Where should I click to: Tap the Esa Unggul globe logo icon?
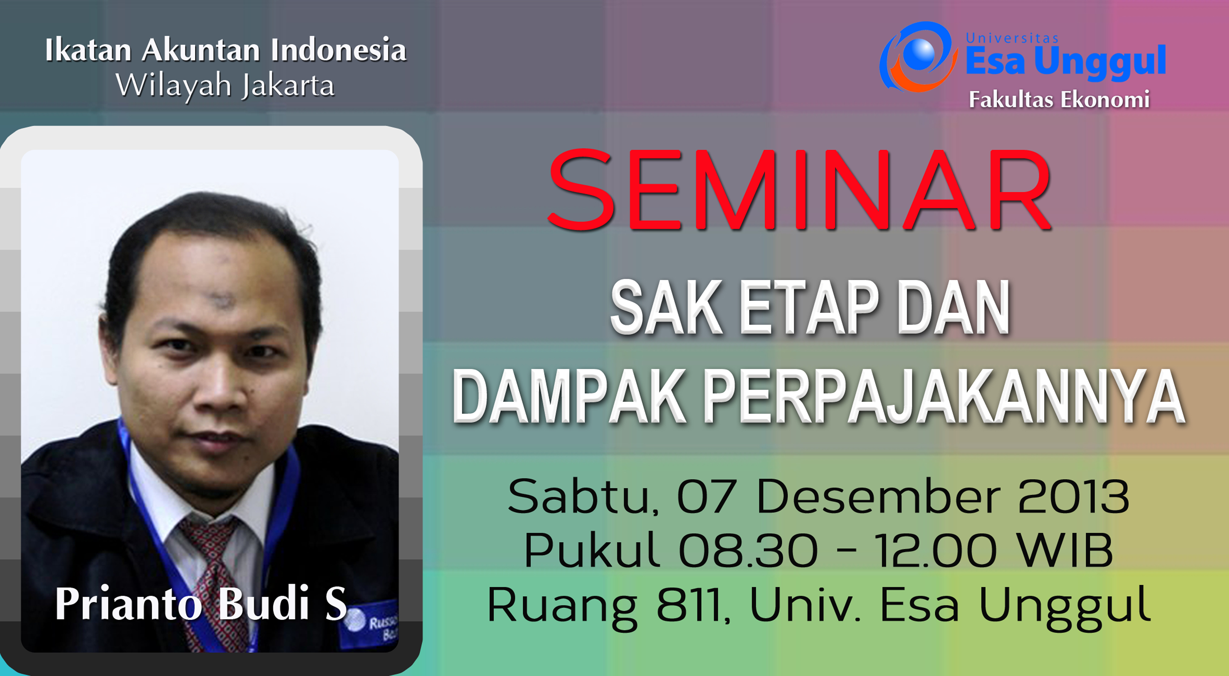[918, 57]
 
